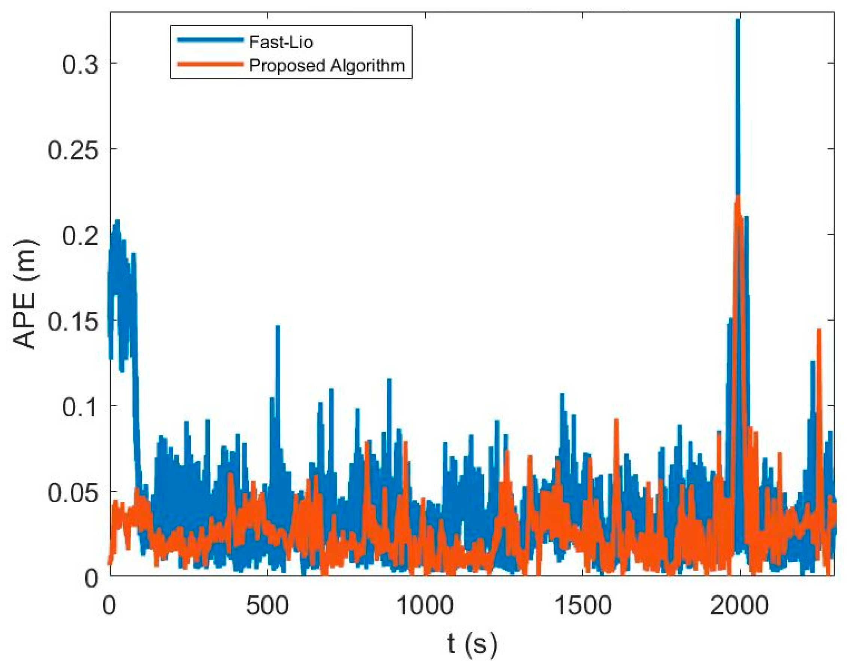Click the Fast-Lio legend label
point(281,42)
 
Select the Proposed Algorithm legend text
point(327,65)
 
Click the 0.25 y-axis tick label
point(72,149)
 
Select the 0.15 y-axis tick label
point(72,320)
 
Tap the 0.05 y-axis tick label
point(72,492)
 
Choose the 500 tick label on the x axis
point(267,605)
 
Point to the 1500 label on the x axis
point(583,605)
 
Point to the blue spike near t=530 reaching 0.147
point(278,327)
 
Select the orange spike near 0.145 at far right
point(819,330)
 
